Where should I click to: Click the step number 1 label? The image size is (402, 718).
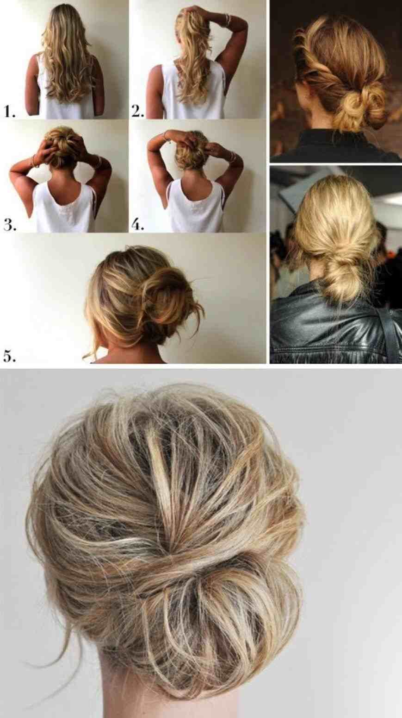[x=10, y=111]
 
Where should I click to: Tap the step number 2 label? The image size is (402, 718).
[x=138, y=111]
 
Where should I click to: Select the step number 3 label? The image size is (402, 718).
[x=10, y=225]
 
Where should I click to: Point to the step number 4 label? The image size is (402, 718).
[x=138, y=225]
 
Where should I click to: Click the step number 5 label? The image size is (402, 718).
[x=10, y=356]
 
